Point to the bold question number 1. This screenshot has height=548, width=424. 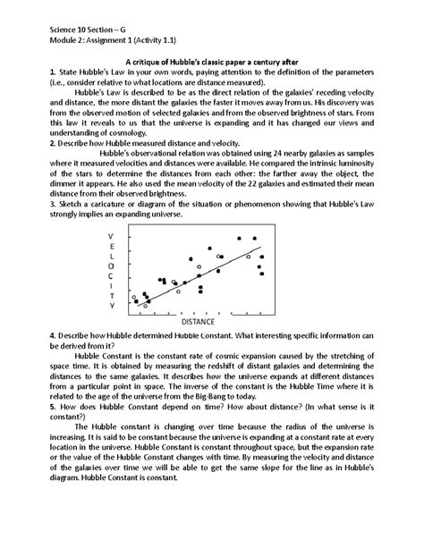pos(28,70)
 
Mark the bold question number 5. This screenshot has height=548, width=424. pos(28,405)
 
